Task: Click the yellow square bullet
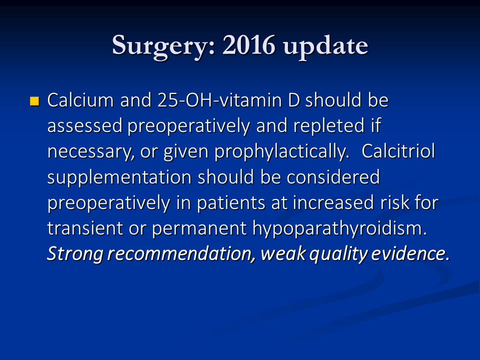click(x=34, y=101)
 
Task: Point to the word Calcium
click(x=80, y=100)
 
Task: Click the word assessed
click(x=85, y=126)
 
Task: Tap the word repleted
click(x=329, y=126)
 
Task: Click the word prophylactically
click(x=281, y=152)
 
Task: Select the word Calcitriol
click(x=398, y=151)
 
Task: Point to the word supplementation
click(x=119, y=178)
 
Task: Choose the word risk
click(x=395, y=202)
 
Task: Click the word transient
click(x=85, y=228)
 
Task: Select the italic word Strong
click(x=74, y=254)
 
